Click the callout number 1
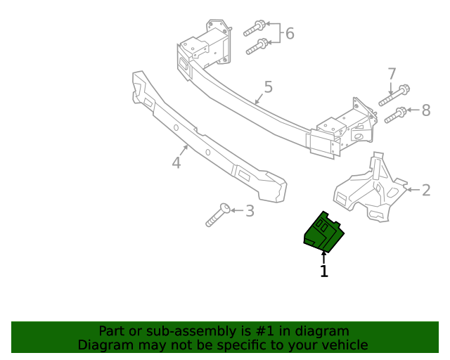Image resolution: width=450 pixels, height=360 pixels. point(324,271)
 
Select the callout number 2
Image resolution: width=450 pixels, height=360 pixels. point(426,190)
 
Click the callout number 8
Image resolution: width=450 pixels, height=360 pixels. point(425,110)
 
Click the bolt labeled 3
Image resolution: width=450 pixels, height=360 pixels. point(217,215)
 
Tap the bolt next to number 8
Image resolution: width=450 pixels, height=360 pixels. point(395,114)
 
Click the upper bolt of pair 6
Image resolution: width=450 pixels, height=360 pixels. point(254,28)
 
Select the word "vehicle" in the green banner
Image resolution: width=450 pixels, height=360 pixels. point(345,345)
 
